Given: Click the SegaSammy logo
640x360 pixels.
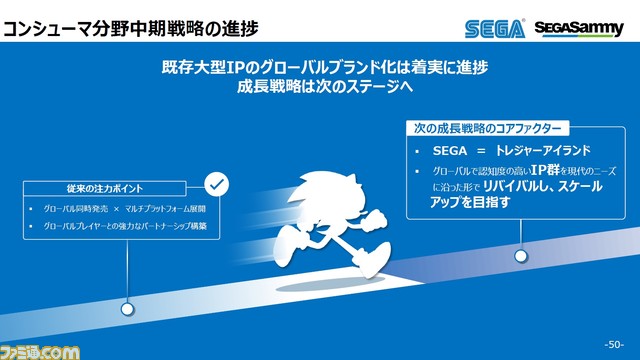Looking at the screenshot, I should (580, 28).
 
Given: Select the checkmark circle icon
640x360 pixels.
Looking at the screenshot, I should (216, 185).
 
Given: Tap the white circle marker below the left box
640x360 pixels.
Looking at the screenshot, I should (127, 309).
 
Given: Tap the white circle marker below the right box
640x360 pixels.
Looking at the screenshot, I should (520, 256).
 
